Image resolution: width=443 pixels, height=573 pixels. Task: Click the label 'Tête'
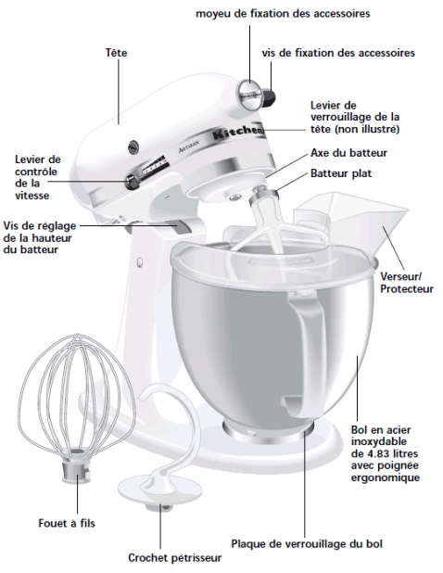(117, 53)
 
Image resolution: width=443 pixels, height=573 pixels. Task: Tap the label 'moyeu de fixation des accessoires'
(283, 14)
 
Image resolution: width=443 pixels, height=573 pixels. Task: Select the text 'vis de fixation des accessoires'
(338, 53)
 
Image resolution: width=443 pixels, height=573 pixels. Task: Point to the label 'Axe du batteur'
(348, 153)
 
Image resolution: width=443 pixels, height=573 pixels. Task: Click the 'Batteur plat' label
(341, 173)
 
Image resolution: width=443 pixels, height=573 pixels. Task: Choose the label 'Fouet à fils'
(67, 523)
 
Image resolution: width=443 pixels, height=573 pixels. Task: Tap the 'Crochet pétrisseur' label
(174, 558)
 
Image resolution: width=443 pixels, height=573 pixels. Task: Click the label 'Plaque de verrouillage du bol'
(307, 543)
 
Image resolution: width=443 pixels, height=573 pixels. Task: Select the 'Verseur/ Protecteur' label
(407, 283)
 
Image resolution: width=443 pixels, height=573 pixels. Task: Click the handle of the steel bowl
(306, 350)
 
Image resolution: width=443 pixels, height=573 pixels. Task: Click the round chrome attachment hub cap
(250, 95)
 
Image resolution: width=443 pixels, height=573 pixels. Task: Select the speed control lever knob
(132, 181)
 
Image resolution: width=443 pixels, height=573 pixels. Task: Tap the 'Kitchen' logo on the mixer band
(238, 133)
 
